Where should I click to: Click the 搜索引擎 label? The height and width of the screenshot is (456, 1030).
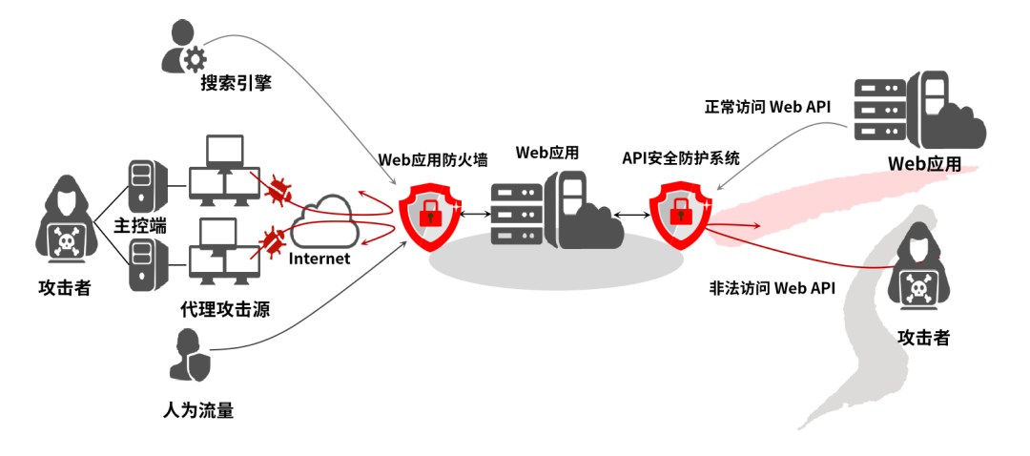[236, 84]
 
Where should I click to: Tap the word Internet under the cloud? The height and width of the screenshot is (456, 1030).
[319, 259]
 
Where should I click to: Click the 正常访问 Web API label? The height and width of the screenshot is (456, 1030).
[767, 107]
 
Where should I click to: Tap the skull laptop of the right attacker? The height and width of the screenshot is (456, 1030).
[919, 286]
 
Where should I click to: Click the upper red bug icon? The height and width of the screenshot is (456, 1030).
[278, 190]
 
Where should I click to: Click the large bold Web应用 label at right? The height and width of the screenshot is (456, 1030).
[924, 163]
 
